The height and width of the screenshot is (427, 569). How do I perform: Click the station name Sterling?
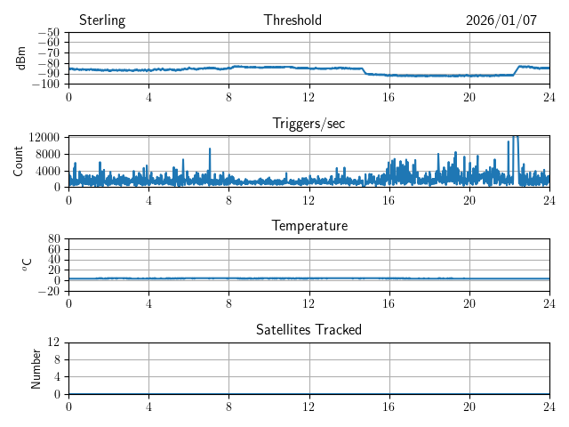102,20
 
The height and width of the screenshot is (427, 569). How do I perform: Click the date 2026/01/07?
501,20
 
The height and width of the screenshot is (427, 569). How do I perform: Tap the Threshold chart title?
293,20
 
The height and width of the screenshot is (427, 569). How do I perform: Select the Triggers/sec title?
309,124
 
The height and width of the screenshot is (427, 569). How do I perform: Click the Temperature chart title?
309,226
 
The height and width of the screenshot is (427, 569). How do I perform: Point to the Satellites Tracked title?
309,329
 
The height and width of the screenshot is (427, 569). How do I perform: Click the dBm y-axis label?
22,58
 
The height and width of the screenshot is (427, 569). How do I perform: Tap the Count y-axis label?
19,161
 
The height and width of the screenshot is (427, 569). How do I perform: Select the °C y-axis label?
27,264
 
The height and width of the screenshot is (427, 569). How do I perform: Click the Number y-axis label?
36,367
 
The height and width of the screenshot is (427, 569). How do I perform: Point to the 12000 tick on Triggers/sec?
44,137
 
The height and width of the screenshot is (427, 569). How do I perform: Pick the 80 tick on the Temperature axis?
53,239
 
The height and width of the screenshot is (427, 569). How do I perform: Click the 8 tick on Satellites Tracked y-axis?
57,359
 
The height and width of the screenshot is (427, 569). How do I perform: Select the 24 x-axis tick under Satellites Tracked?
549,407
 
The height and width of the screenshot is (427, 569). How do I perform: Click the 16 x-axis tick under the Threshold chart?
389,97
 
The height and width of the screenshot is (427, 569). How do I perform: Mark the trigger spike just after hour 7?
210,149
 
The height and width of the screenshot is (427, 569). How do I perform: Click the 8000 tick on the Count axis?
47,154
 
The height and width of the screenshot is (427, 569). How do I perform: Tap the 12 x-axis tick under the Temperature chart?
309,303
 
